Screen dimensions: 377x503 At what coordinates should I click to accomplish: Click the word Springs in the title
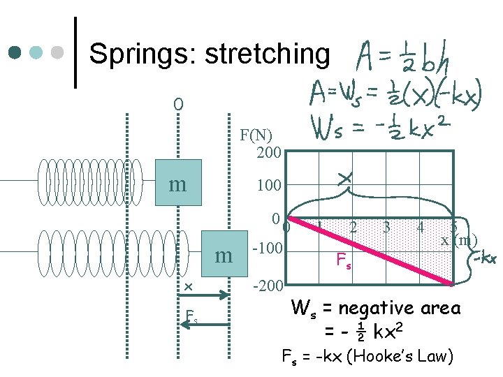click(143, 53)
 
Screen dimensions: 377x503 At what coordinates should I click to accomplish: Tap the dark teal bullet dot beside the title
click(15, 53)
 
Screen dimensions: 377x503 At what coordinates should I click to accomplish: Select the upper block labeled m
click(178, 184)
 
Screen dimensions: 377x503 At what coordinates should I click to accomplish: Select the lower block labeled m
click(224, 256)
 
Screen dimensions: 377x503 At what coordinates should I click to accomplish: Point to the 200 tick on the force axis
click(269, 152)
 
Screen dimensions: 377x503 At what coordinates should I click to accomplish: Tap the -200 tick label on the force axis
click(267, 287)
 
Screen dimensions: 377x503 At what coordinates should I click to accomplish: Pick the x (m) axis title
click(458, 241)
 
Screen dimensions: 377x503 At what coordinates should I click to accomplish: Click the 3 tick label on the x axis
click(386, 227)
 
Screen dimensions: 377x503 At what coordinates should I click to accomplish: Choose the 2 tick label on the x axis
click(354, 227)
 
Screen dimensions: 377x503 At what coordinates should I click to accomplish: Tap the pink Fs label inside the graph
click(344, 262)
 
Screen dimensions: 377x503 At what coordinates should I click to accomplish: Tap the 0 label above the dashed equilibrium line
click(179, 105)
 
